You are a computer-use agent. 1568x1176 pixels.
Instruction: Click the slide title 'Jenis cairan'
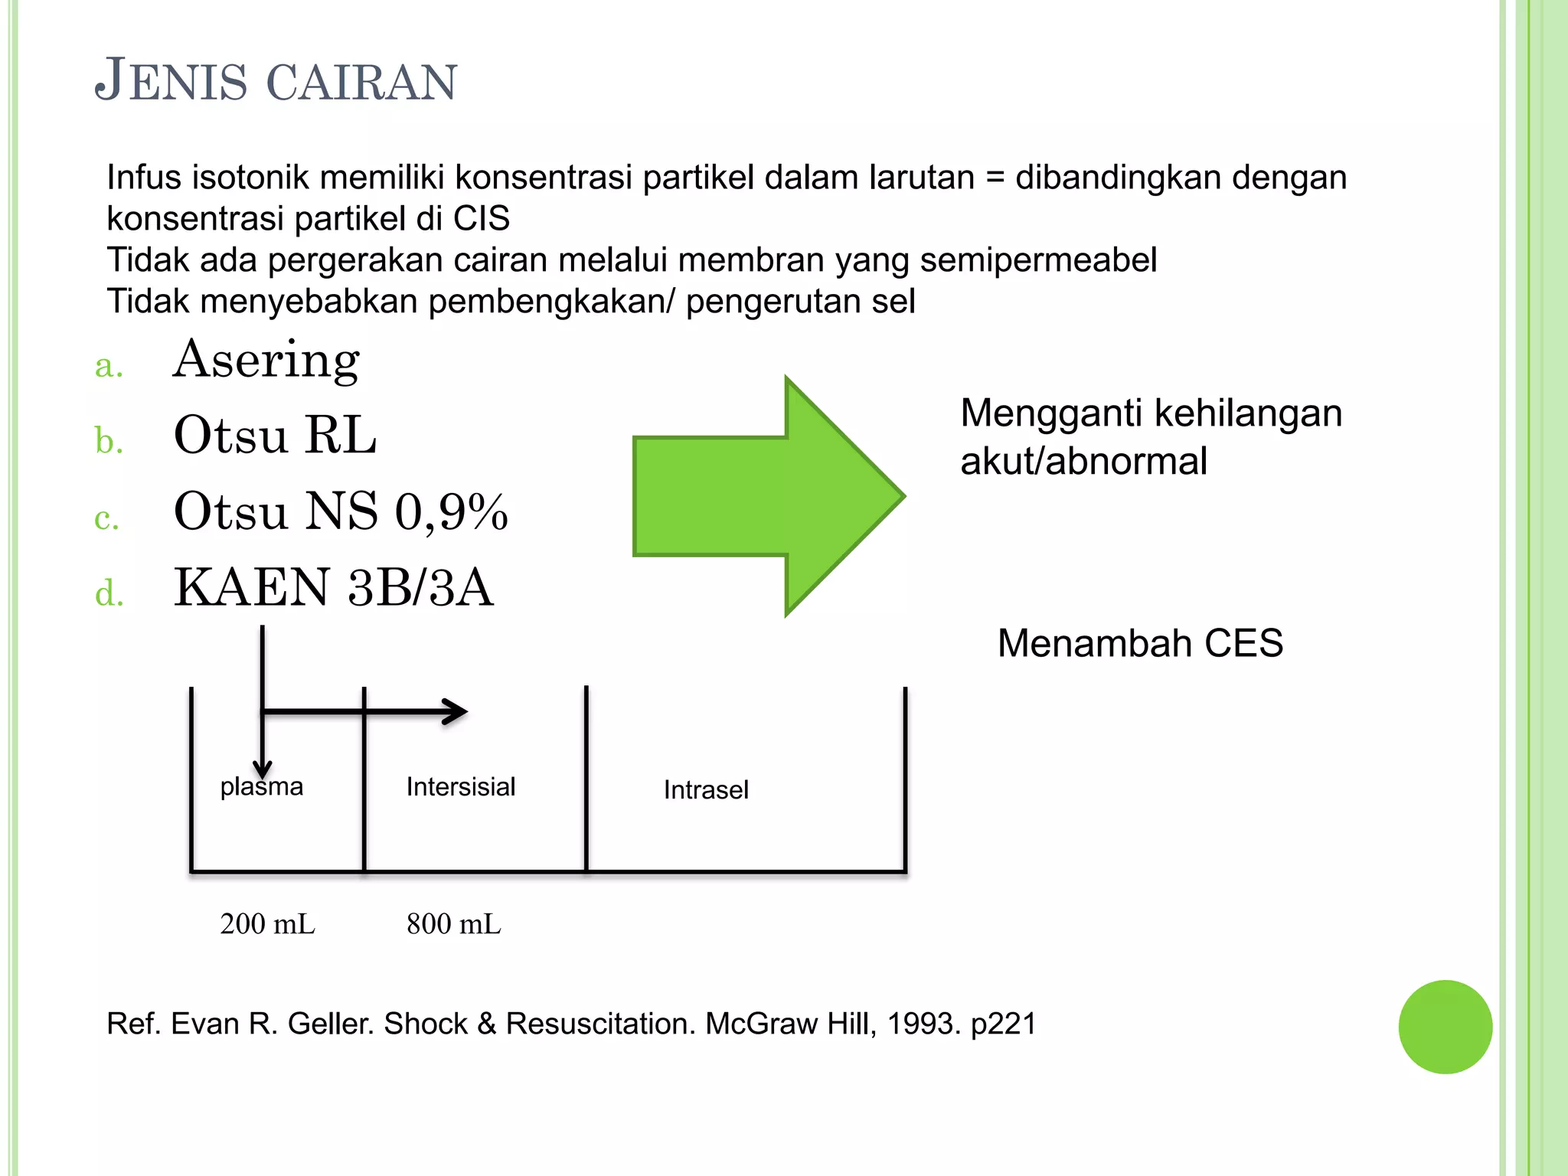[x=276, y=80]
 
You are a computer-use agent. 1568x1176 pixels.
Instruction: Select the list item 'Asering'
[x=266, y=360]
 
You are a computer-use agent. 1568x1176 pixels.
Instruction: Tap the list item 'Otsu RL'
[x=275, y=436]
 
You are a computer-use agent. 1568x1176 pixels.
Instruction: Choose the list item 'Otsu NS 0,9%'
[x=341, y=511]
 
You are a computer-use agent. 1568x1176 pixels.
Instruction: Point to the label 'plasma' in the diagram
[x=262, y=787]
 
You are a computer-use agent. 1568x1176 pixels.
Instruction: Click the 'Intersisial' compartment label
[x=461, y=787]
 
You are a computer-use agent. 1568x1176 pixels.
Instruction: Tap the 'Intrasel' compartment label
[x=706, y=790]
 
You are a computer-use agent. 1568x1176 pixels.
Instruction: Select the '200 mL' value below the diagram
[x=267, y=924]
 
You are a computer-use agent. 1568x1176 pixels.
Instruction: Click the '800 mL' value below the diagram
[x=454, y=924]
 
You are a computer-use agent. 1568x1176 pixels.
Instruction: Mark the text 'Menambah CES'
[x=1140, y=643]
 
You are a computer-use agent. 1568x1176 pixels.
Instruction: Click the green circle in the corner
[x=1445, y=1027]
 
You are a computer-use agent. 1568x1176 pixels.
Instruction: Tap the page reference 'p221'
[x=1003, y=1024]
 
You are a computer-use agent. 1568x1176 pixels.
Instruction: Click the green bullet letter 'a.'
[x=109, y=365]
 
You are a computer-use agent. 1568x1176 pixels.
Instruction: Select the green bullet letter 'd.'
[x=109, y=593]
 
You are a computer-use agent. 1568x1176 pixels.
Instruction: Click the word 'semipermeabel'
[x=1038, y=260]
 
